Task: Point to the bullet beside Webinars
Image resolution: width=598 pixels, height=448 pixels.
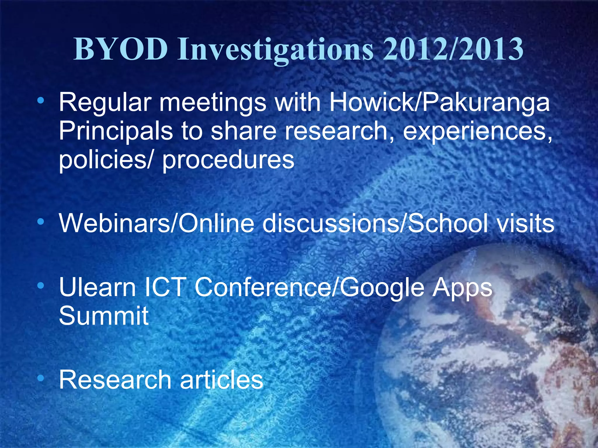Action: point(41,222)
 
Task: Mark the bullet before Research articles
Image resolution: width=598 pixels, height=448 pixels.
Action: point(41,379)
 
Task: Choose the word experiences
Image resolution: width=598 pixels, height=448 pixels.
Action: point(477,132)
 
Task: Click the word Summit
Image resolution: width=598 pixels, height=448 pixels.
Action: point(104,316)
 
